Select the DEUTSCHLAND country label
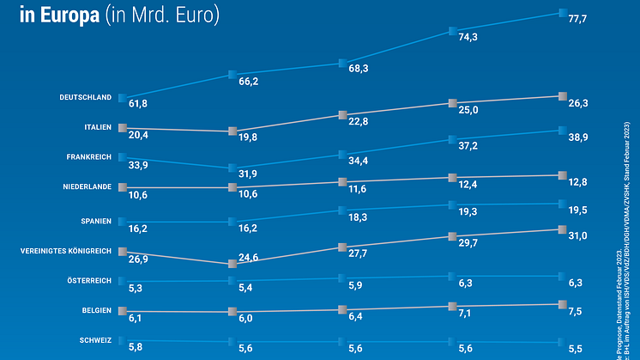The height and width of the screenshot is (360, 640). point(86,97)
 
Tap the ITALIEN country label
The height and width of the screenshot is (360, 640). point(98,127)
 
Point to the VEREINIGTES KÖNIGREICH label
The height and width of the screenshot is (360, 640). point(66,251)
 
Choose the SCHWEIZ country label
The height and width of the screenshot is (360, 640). point(95,341)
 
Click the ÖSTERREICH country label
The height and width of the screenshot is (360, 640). point(88,281)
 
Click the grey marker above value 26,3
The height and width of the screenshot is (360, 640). point(563,96)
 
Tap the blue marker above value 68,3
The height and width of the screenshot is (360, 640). point(342,63)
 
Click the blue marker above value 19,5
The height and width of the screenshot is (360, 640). point(563,204)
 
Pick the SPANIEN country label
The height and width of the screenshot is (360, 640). point(97,221)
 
